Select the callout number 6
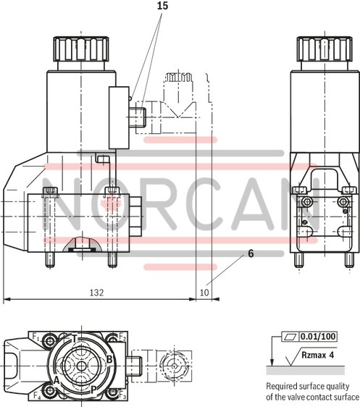(x=250, y=253)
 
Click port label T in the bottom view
(x=74, y=339)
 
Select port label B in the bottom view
(x=109, y=359)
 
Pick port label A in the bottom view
(x=56, y=378)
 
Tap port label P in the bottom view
(x=93, y=389)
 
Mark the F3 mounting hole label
(x=122, y=397)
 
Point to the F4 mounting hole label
(x=35, y=395)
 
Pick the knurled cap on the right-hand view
(x=319, y=50)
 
